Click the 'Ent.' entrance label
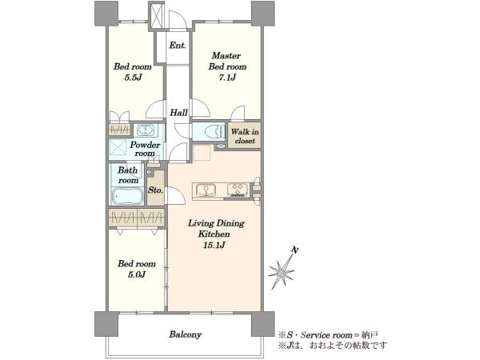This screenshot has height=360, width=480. pos(178,46)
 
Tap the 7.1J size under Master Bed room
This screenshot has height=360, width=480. pos(227,78)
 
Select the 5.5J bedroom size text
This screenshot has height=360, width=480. pos(133,78)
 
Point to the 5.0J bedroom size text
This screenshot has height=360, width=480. pos(137,274)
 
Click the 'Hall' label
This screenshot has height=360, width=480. pos(178,112)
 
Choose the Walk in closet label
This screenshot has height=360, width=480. pos(245,136)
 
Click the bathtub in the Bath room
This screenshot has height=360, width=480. pos(127,196)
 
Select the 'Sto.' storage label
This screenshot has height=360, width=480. pos(155,190)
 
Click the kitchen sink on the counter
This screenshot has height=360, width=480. pos(206,190)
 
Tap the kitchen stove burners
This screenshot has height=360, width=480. pos(238,190)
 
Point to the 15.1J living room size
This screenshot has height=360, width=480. pos(214,245)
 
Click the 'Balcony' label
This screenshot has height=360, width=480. pos(186,334)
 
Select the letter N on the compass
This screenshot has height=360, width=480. pos(294,250)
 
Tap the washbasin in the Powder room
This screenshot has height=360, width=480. pos(145,130)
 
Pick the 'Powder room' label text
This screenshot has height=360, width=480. pos(145,149)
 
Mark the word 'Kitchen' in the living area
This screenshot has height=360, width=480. pos(214,234)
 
